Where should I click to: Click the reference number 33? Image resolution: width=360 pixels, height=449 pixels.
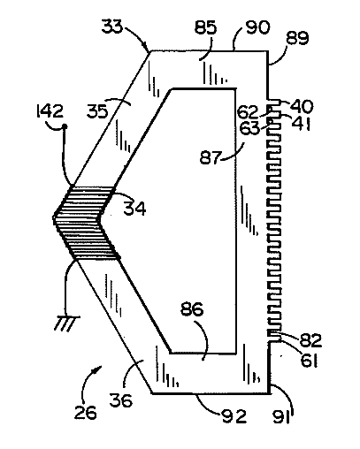[111, 27]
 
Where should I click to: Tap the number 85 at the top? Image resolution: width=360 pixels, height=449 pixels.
[205, 28]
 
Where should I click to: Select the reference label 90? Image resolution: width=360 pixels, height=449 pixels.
[257, 27]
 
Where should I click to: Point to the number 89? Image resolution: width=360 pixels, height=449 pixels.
[297, 38]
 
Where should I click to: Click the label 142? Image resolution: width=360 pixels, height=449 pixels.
[50, 111]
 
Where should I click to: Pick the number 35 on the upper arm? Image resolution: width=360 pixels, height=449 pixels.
[97, 112]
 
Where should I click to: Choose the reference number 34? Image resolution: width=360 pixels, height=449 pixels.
[134, 209]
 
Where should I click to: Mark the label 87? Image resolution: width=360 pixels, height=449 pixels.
[211, 157]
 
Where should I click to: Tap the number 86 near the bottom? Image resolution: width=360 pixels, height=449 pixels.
[192, 309]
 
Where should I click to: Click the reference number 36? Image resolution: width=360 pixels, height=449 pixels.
[120, 400]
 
